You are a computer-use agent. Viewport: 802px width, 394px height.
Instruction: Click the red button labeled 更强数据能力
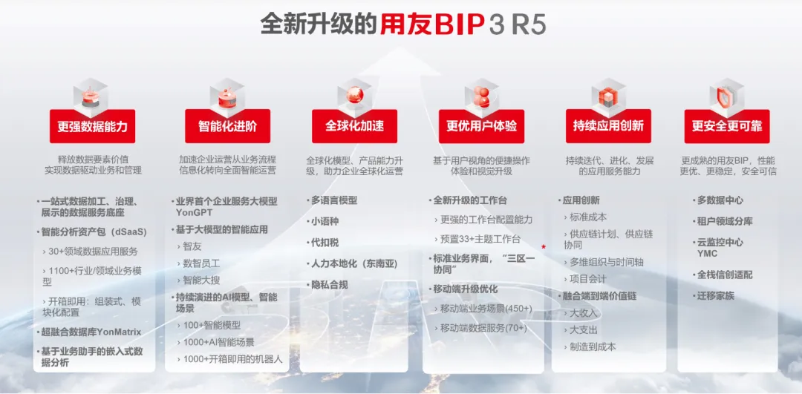(x=92, y=126)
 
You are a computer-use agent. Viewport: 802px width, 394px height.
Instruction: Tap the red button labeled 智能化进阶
(x=228, y=126)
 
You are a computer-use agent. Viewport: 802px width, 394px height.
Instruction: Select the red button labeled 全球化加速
(x=354, y=126)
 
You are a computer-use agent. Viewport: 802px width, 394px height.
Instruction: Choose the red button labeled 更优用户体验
(x=481, y=126)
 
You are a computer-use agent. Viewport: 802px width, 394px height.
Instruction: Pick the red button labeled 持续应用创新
(x=608, y=126)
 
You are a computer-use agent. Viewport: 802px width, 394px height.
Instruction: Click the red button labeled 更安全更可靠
(x=727, y=126)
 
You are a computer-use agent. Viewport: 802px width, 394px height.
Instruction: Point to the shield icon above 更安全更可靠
(x=726, y=95)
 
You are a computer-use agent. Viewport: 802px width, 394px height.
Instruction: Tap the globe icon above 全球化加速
(x=354, y=95)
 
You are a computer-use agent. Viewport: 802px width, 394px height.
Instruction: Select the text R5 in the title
(x=529, y=24)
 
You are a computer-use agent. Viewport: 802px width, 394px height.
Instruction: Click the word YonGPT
(x=194, y=212)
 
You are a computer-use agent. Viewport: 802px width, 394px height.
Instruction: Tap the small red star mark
(x=543, y=247)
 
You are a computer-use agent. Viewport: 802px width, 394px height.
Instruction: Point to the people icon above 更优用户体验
(x=481, y=95)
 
